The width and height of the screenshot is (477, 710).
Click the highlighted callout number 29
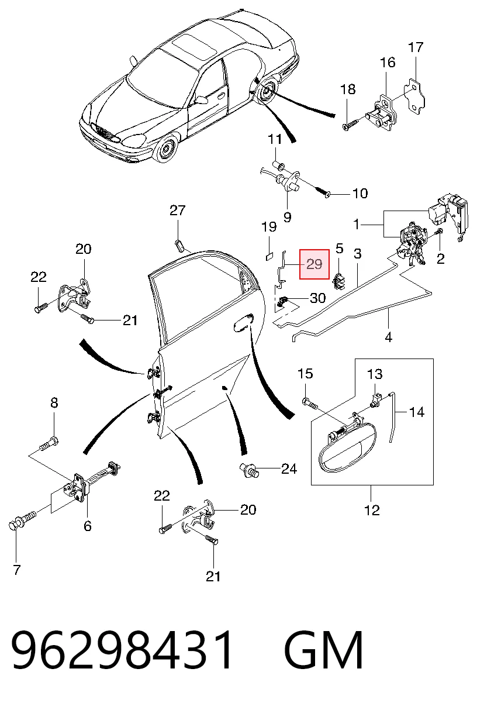tap(314, 264)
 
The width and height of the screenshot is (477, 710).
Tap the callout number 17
tap(416, 47)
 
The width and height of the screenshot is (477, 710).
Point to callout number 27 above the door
tap(177, 210)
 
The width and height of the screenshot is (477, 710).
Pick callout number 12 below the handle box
tap(372, 510)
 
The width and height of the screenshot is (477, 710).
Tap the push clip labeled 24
tap(248, 470)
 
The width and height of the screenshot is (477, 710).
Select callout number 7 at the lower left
tap(17, 570)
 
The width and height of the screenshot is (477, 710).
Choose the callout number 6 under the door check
tap(88, 526)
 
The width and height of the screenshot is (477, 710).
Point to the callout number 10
tap(360, 194)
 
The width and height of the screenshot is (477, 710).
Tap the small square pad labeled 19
tap(269, 256)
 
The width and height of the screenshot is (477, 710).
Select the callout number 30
tap(317, 298)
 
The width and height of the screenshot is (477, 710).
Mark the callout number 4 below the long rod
tap(388, 337)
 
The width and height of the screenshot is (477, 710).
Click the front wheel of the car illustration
tap(166, 148)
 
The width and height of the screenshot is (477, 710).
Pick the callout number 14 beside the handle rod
tap(417, 412)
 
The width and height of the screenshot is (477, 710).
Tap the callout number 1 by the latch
tap(357, 225)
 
